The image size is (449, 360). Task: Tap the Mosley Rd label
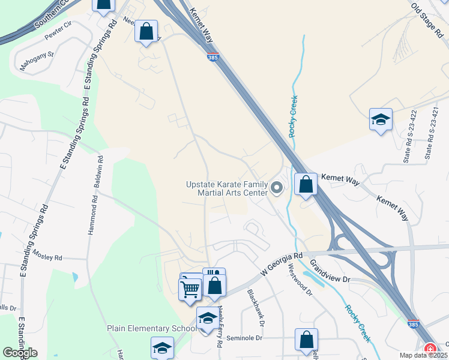[x=47, y=257]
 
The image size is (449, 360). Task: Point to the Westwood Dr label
[x=301, y=280]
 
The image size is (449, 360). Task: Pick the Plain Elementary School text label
[x=151, y=328]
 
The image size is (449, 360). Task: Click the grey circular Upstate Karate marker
[x=277, y=188]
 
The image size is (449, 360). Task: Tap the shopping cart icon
[x=191, y=290]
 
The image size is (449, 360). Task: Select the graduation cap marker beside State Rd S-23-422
[x=381, y=121]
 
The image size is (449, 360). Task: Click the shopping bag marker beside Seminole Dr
[x=306, y=339]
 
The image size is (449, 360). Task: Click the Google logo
[x=20, y=352]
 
